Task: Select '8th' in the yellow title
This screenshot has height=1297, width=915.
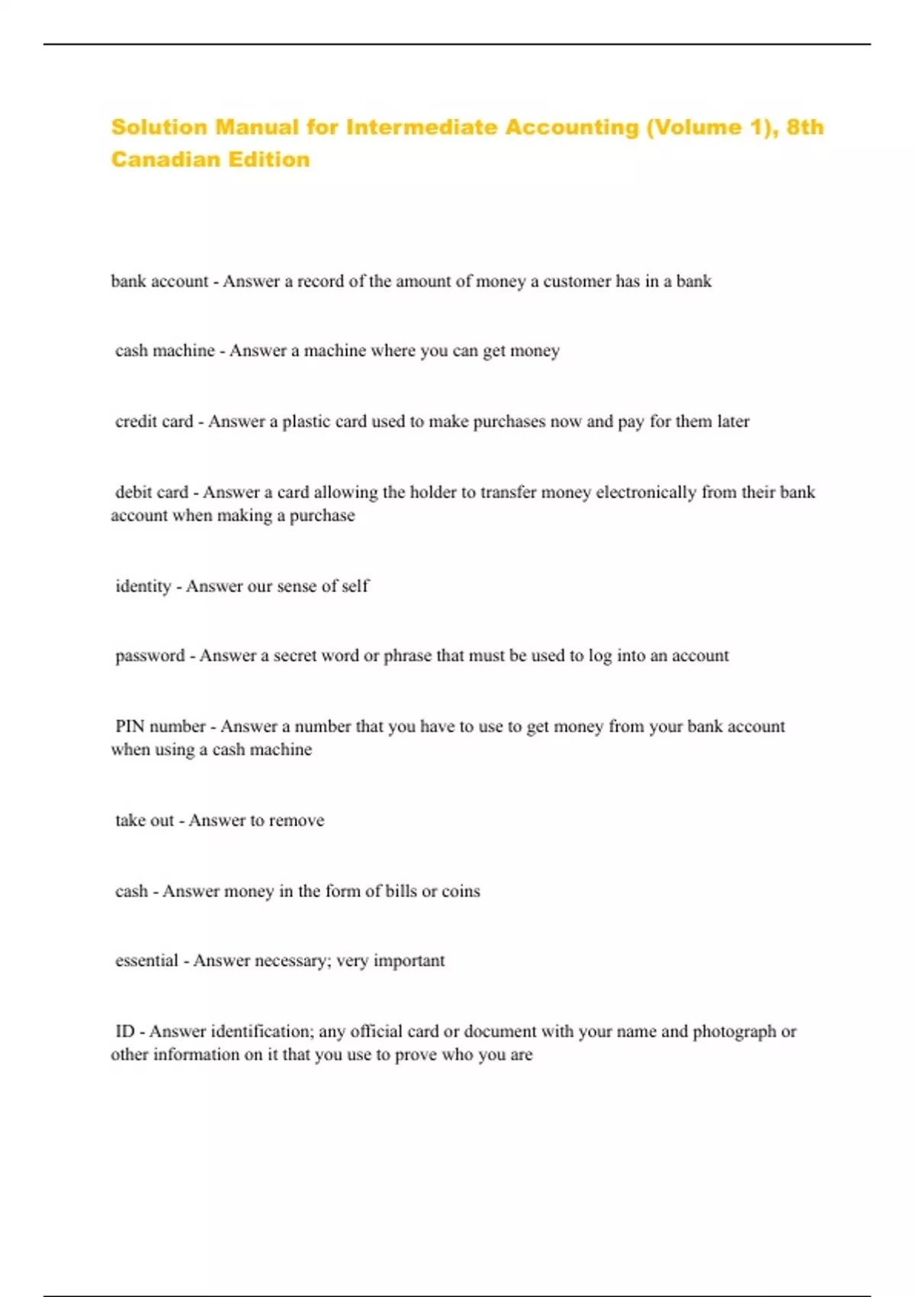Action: click(804, 127)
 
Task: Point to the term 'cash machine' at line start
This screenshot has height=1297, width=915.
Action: click(165, 351)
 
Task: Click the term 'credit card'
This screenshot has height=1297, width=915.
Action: click(154, 421)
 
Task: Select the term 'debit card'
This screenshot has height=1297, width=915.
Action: click(152, 492)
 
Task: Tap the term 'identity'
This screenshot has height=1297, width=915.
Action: click(143, 586)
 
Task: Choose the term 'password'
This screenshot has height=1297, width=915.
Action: click(149, 655)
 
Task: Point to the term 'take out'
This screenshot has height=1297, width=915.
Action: click(144, 820)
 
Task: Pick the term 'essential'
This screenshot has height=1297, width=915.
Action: click(146, 961)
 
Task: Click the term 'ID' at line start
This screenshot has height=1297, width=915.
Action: click(124, 1031)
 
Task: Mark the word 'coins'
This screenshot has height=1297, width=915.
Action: click(461, 891)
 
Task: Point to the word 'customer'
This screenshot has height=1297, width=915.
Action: click(576, 281)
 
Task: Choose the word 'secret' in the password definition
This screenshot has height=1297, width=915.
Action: click(295, 655)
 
